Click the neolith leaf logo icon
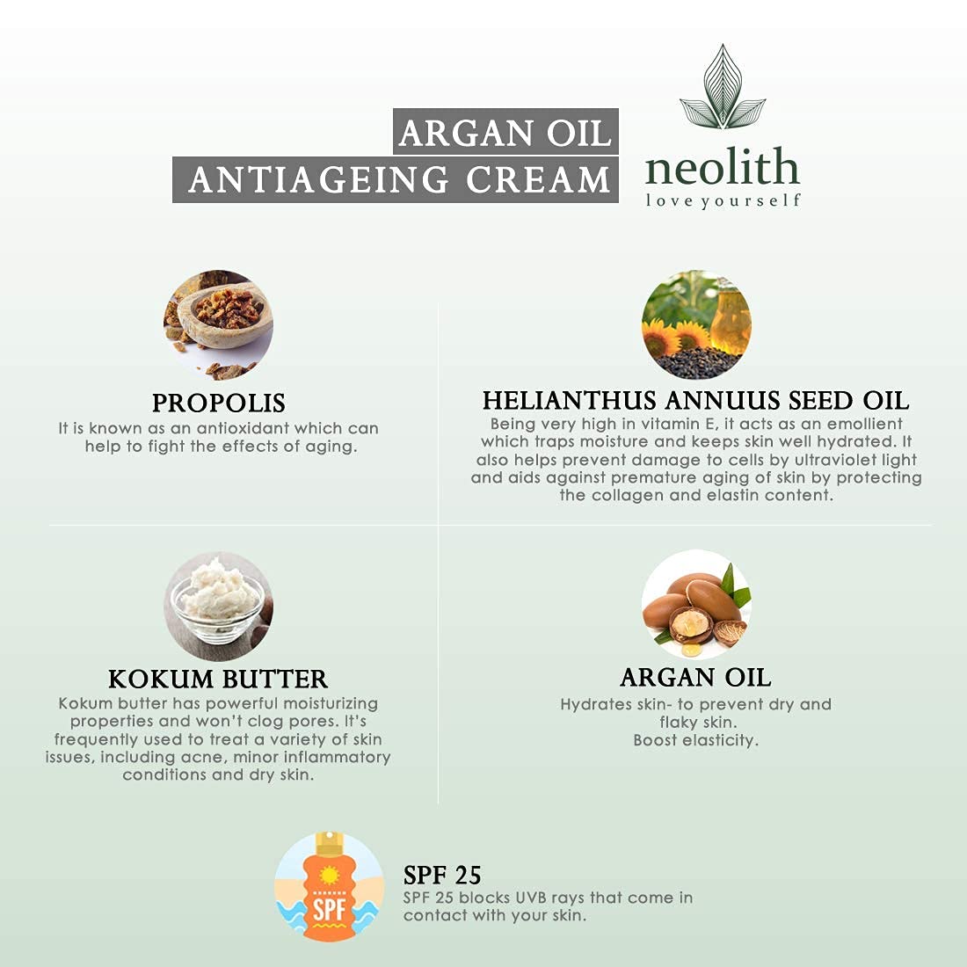click(x=723, y=91)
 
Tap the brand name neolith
click(x=722, y=167)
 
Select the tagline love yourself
click(x=723, y=201)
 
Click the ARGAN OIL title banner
click(x=505, y=133)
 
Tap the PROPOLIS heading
click(x=219, y=403)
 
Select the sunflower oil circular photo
click(x=696, y=324)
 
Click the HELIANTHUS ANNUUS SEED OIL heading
click(x=695, y=401)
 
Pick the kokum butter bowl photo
click(x=218, y=606)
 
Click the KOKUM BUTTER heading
click(x=218, y=679)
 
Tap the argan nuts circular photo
click(x=696, y=604)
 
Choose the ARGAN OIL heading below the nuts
click(x=695, y=677)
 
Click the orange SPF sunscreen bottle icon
click(x=329, y=887)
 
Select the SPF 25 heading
click(x=442, y=875)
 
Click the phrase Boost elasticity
click(x=695, y=740)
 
